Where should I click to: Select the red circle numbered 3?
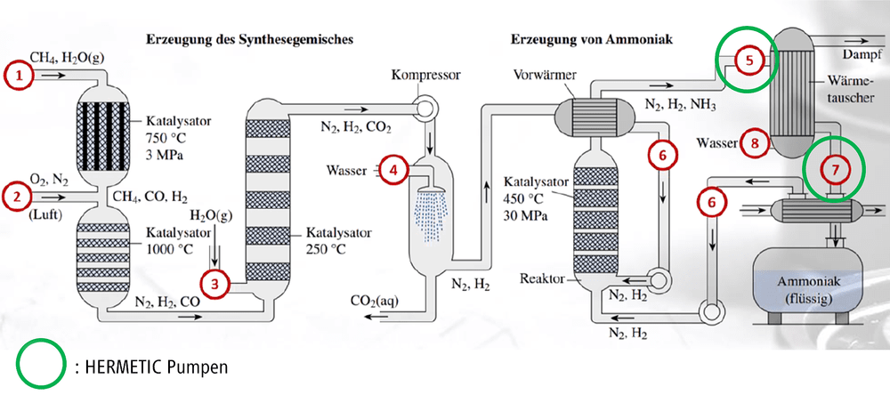coord(214,284)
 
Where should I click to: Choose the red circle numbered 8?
coord(755,143)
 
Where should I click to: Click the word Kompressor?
coord(425,77)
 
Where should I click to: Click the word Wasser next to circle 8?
coord(716,143)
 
